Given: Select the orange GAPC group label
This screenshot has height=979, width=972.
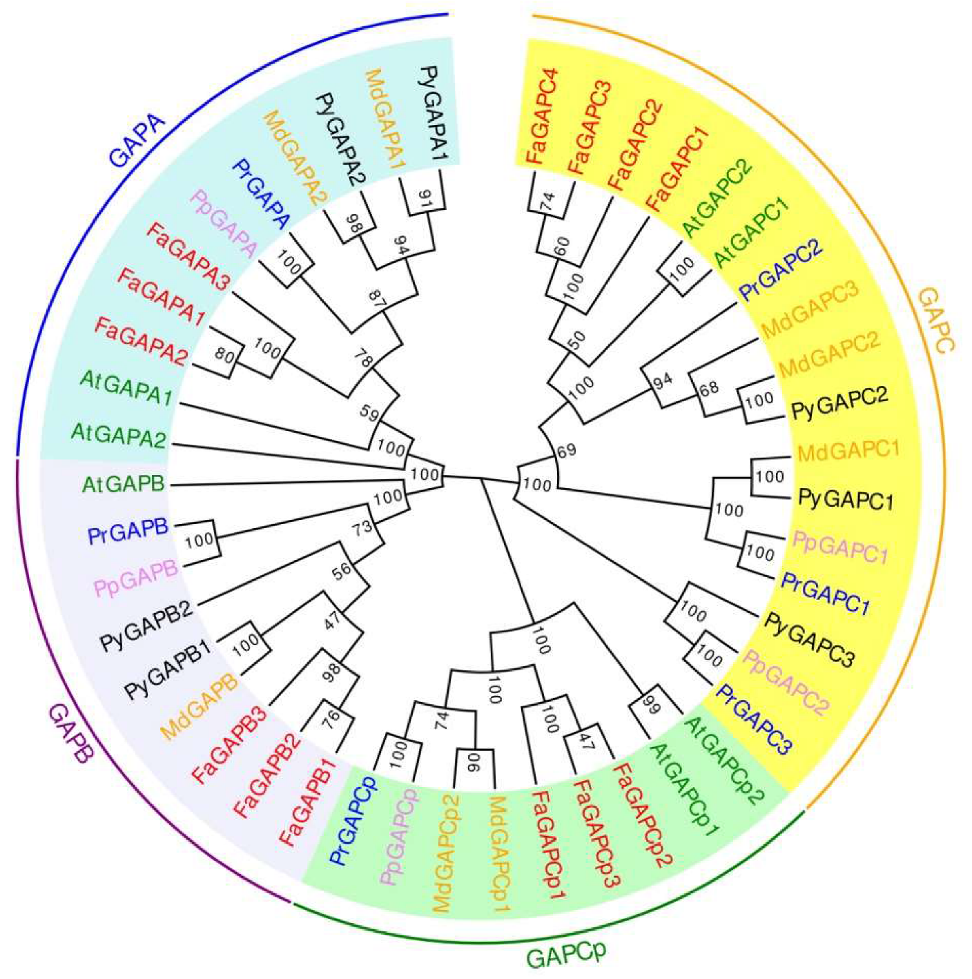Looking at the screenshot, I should [936, 320].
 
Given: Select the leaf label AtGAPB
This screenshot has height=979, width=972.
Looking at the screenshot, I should [123, 484].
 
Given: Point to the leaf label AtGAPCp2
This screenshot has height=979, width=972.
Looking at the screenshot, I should [724, 760].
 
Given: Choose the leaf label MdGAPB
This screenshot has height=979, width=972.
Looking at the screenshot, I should [199, 706].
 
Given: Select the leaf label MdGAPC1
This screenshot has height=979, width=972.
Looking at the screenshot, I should [848, 451].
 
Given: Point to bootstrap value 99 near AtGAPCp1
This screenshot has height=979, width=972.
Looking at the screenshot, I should [652, 704].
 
